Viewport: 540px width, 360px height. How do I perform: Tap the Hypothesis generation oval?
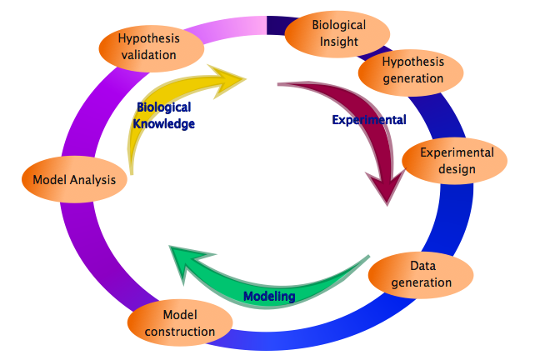click(x=412, y=71)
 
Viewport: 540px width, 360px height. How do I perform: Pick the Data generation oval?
click(x=420, y=274)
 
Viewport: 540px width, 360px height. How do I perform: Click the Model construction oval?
click(x=179, y=322)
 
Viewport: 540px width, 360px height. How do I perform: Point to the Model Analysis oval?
click(x=73, y=179)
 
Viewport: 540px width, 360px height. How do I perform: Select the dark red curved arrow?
click(x=350, y=125)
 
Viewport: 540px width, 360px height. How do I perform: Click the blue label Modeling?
click(x=268, y=296)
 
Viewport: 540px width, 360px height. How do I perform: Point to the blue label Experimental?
click(x=368, y=120)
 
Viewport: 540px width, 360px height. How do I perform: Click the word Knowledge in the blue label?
click(x=164, y=123)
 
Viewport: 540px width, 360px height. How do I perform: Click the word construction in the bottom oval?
click(x=179, y=331)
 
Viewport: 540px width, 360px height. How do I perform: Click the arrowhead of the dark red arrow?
click(x=384, y=187)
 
